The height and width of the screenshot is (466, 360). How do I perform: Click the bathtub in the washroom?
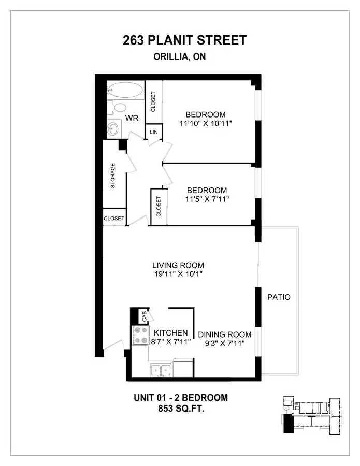[x=125, y=90]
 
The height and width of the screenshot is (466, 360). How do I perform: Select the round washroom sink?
[x=113, y=129]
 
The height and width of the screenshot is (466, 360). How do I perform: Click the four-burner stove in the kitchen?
[x=140, y=335]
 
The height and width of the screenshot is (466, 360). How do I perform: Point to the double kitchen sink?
[x=161, y=370]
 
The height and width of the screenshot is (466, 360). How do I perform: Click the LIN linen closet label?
[x=154, y=132]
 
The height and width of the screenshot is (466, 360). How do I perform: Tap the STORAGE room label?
[x=113, y=176]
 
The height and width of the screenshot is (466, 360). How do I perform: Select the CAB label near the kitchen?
[x=144, y=316]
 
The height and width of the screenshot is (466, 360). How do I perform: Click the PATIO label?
[x=279, y=297]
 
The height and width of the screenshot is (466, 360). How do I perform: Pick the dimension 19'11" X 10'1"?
[x=178, y=274]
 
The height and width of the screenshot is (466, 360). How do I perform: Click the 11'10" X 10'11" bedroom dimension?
[x=206, y=123]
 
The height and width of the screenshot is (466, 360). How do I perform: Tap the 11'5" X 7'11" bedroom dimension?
[x=207, y=199]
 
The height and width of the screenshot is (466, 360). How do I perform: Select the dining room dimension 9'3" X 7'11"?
[x=224, y=343]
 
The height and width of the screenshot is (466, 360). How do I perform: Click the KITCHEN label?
[x=170, y=333]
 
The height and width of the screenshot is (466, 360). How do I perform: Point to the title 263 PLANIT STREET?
[x=184, y=40]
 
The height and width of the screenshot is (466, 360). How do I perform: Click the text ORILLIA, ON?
[x=180, y=56]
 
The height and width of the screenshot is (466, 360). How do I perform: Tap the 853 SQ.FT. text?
[x=181, y=409]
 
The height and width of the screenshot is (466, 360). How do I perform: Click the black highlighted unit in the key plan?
[x=288, y=424]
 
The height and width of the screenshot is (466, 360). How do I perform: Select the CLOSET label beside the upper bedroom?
[x=153, y=101]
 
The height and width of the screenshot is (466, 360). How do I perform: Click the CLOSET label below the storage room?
[x=114, y=219]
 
